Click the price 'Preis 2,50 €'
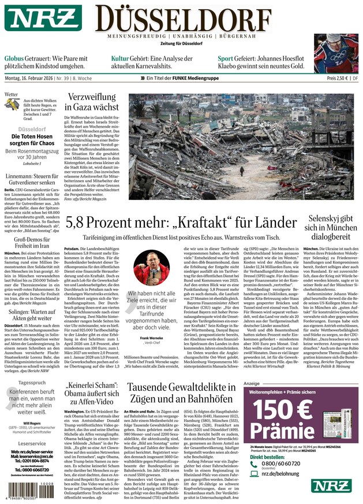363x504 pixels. [339, 78]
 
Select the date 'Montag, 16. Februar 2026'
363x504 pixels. [36, 78]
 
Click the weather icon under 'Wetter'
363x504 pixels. [13, 104]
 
